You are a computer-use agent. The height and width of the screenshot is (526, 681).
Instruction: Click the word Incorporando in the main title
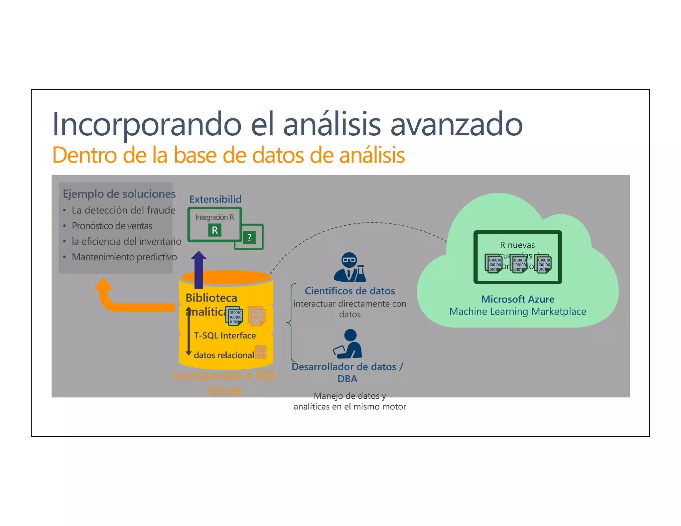[x=147, y=124]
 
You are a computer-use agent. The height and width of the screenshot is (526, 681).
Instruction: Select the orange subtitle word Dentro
[x=85, y=155]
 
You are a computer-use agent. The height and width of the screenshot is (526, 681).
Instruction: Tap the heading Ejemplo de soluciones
[x=119, y=194]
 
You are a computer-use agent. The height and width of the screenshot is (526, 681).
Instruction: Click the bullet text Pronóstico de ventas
[x=112, y=226]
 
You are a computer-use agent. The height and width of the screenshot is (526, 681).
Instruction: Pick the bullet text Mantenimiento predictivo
[x=124, y=257]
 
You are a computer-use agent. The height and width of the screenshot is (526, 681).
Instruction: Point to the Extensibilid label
[x=215, y=199]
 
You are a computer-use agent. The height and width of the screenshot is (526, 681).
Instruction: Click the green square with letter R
[x=215, y=230]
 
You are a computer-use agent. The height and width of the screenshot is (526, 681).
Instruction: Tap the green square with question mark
[x=249, y=237]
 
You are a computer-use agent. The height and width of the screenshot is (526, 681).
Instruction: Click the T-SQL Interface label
[x=225, y=335]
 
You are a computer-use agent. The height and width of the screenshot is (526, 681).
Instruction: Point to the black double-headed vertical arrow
[x=189, y=331]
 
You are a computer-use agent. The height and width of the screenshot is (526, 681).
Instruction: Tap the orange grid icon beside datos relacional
[x=261, y=352]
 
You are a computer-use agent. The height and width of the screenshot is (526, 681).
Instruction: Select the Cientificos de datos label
[x=350, y=291]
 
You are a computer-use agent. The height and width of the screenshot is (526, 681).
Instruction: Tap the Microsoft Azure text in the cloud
[x=518, y=299]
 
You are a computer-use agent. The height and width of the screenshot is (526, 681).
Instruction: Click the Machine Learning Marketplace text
[x=518, y=312]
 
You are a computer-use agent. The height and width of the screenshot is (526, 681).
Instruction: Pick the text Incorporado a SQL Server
[x=225, y=382]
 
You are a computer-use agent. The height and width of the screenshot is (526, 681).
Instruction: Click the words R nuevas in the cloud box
[x=517, y=245]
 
